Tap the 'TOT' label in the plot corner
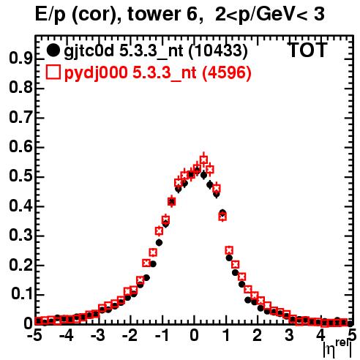point(307,50)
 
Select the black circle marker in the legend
point(53,50)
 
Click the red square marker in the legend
point(53,72)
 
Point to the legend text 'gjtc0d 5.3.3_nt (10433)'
point(156,51)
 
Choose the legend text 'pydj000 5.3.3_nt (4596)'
point(158,73)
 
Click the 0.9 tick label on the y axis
point(20,59)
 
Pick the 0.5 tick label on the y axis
point(20,176)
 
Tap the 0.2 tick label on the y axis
point(20,265)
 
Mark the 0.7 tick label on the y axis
point(20,118)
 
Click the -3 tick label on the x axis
point(98,335)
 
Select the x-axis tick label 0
point(194,335)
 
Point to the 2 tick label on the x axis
point(258,335)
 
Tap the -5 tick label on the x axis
point(34,335)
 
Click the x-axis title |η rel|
point(337,349)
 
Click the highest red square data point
point(203,160)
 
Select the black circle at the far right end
point(350,323)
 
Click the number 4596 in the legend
point(227,72)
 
